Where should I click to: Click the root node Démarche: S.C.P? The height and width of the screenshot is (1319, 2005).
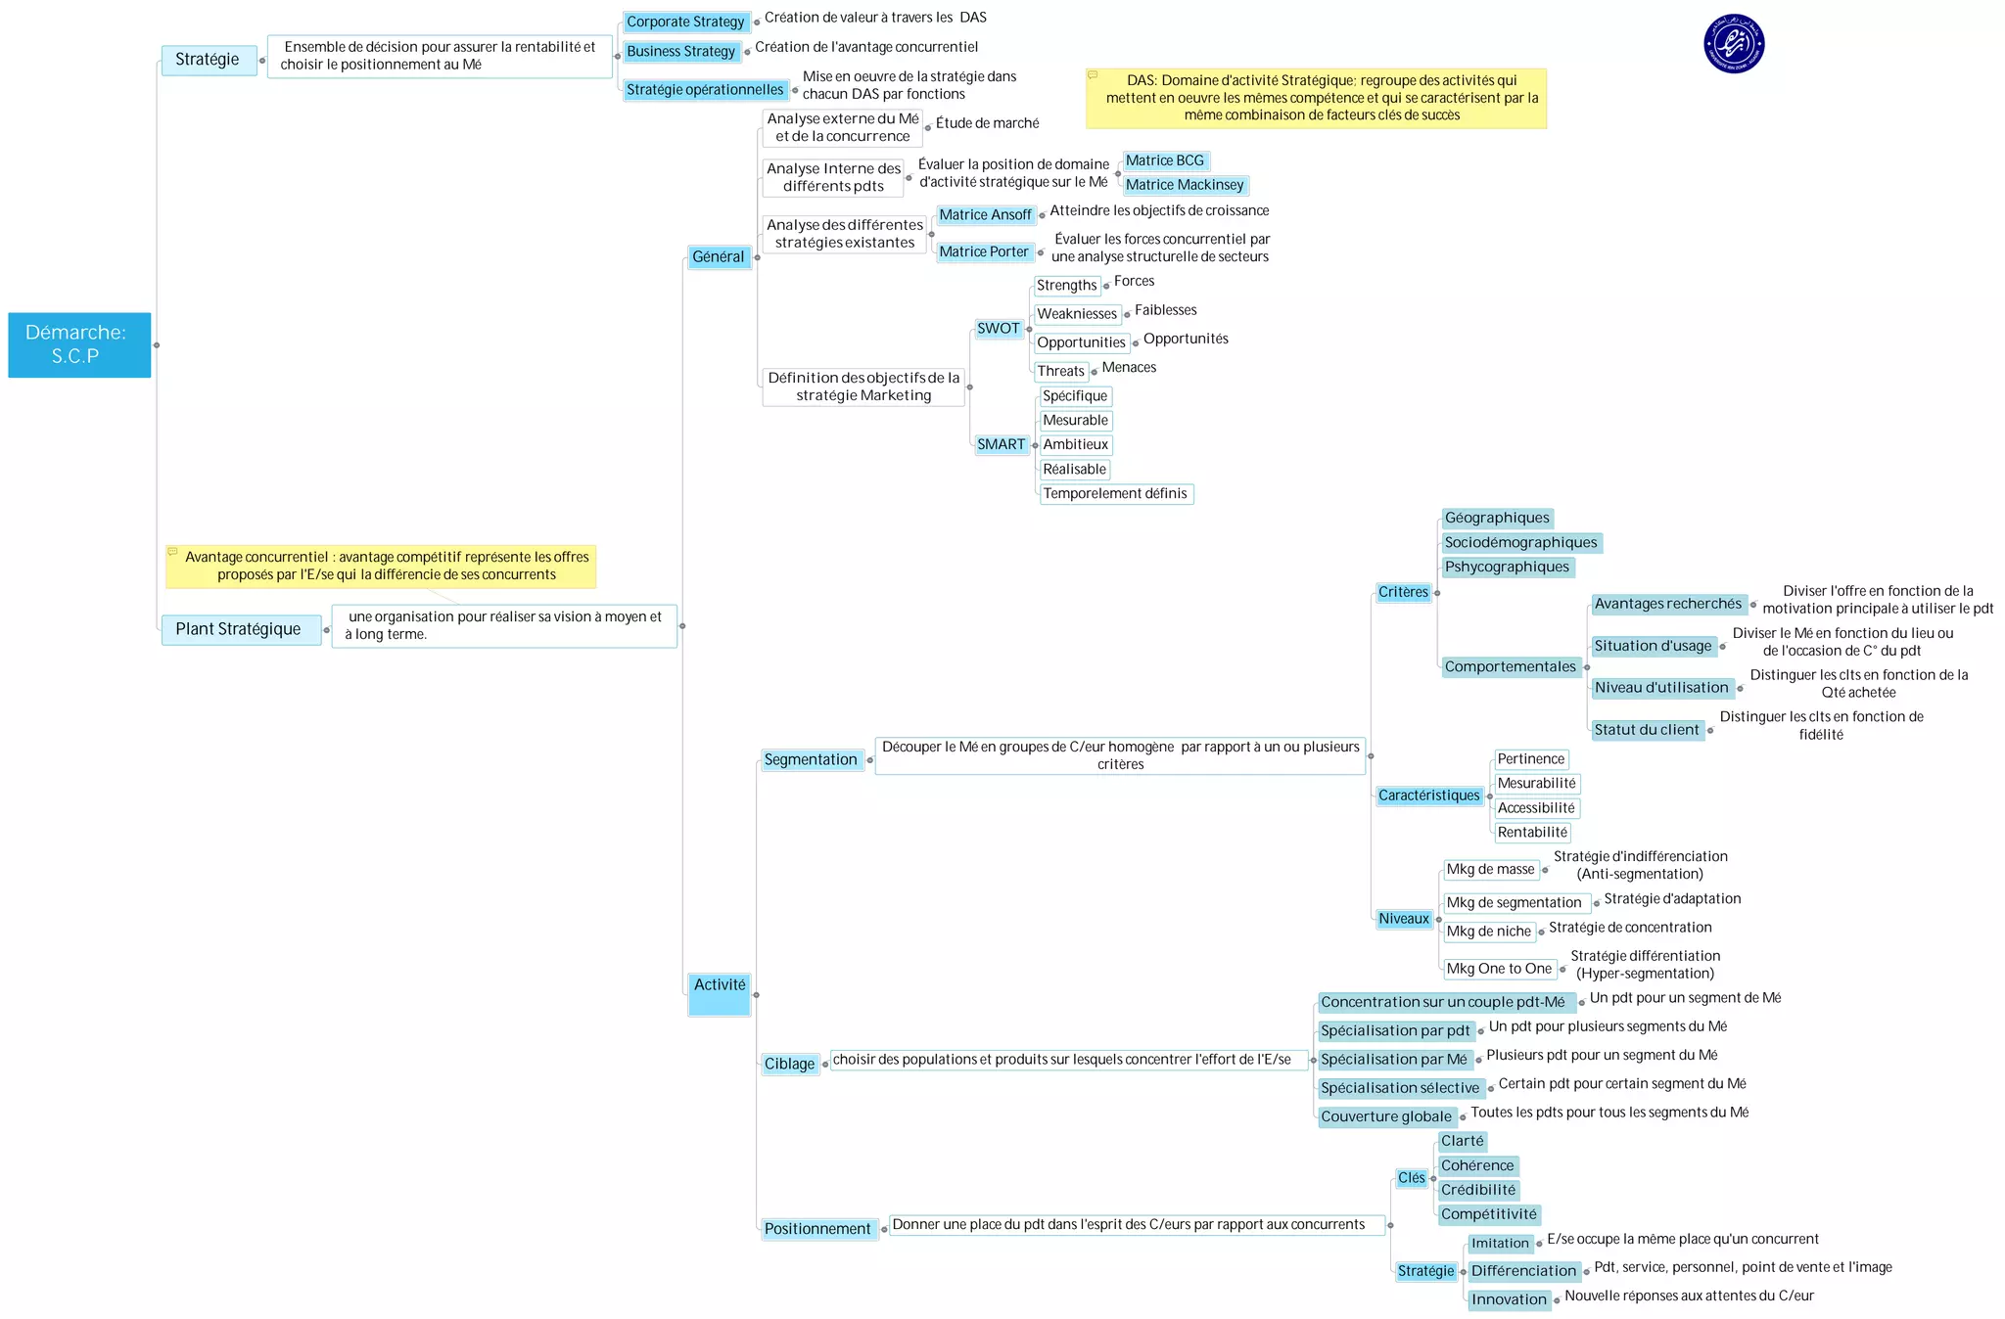(x=79, y=344)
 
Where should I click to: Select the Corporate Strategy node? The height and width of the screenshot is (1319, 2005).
(x=685, y=22)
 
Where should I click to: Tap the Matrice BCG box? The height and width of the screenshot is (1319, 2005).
(x=1165, y=160)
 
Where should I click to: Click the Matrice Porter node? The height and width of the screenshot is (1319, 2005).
(x=984, y=251)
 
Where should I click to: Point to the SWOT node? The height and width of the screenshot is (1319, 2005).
(x=999, y=329)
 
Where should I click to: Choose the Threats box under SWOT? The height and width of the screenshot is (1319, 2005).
(x=1061, y=371)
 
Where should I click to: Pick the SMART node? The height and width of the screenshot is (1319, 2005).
(x=1002, y=444)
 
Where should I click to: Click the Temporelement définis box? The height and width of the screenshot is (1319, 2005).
(x=1115, y=493)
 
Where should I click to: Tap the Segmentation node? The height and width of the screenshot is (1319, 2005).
(x=812, y=759)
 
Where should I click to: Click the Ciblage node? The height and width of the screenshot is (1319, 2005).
(x=790, y=1064)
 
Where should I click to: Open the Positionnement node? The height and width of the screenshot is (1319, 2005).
(x=818, y=1229)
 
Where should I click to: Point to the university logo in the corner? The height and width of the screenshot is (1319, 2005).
(x=1734, y=43)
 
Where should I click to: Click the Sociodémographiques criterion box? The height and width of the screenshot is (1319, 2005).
(x=1520, y=542)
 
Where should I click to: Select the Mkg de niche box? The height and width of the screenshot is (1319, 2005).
(x=1489, y=932)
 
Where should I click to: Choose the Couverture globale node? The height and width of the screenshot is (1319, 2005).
(x=1386, y=1116)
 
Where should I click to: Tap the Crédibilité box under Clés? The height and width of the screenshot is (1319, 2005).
(x=1478, y=1190)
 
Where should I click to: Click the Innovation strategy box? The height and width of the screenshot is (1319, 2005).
(x=1509, y=1299)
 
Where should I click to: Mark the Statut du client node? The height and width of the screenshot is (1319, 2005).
(x=1647, y=730)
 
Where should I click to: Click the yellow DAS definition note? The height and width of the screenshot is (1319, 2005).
(x=1316, y=98)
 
